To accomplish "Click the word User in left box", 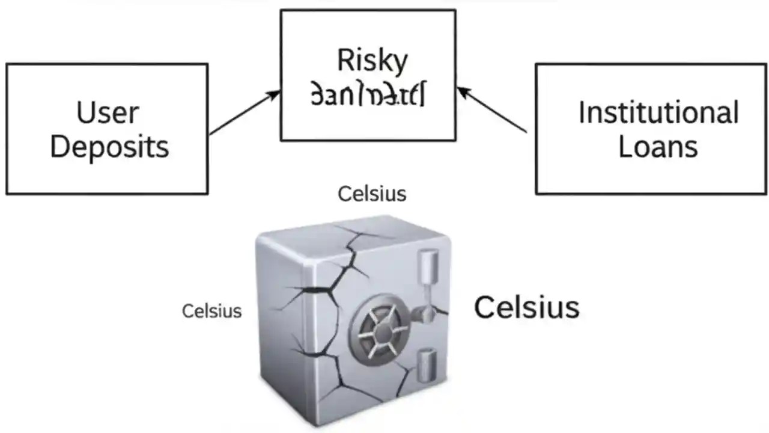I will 108,112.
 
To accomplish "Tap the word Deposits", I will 109,147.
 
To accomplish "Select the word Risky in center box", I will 372,60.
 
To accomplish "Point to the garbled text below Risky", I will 368,96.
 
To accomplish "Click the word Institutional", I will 658,112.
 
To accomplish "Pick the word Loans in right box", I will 658,147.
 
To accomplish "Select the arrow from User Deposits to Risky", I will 243,112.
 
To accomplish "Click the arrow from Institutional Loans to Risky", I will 493,110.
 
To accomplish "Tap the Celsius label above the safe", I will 372,194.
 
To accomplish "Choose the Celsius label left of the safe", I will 211,310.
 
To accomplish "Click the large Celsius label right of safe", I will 526,307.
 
